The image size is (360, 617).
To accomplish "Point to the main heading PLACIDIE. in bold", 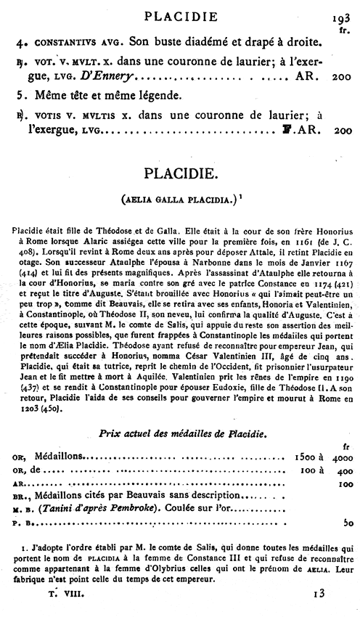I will (x=179, y=173).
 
